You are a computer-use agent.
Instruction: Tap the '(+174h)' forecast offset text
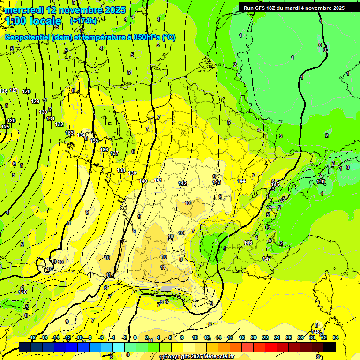click(83, 21)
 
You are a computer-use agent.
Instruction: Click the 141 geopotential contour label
click(158, 180)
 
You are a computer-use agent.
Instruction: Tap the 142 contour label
click(182, 183)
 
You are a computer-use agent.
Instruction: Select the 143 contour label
click(217, 182)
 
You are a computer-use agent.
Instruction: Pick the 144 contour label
click(241, 181)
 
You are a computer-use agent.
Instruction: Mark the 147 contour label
click(267, 259)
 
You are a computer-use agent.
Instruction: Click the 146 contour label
click(248, 243)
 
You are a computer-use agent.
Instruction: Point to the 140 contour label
click(143, 181)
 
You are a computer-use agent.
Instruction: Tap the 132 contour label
click(59, 124)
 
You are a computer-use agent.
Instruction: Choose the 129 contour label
click(35, 101)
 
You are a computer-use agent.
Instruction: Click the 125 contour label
click(5, 127)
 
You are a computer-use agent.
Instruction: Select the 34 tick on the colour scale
click(335, 337)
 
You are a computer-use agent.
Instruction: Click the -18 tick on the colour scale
click(32, 337)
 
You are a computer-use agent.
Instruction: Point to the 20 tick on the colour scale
click(254, 337)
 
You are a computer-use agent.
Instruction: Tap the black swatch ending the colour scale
click(330, 347)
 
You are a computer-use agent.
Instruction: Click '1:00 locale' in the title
click(33, 21)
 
